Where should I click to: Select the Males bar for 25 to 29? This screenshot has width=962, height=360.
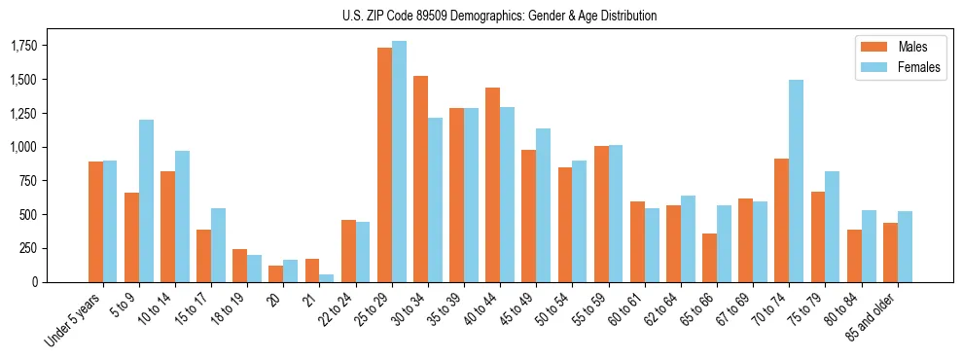(384, 164)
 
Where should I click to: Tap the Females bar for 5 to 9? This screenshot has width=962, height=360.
(146, 200)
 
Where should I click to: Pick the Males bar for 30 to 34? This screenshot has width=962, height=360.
(420, 179)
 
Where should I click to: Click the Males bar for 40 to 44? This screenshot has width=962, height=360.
(492, 185)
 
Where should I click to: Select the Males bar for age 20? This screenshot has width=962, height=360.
(276, 273)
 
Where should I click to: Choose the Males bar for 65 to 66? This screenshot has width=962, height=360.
(710, 258)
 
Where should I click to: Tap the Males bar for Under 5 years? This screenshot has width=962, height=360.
(95, 222)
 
